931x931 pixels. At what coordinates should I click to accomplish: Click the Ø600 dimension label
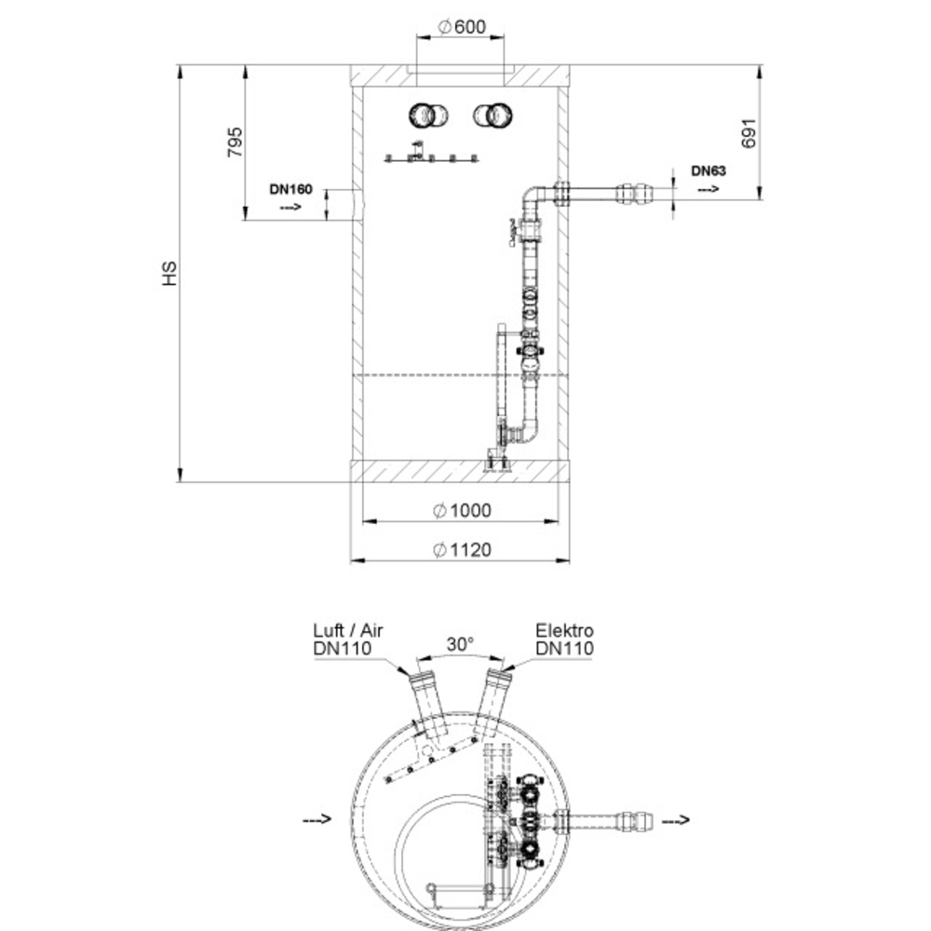[x=462, y=27]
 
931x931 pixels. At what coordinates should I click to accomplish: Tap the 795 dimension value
[x=236, y=142]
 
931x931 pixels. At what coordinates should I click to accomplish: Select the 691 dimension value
[x=749, y=133]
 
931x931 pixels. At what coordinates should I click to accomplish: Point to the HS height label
[x=169, y=273]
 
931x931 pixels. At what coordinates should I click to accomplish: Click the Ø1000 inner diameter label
[x=462, y=510]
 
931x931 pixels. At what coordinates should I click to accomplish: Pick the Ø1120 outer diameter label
[x=462, y=550]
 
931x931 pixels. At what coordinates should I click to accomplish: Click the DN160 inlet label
[x=290, y=189]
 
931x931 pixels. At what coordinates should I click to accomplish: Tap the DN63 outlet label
[x=708, y=171]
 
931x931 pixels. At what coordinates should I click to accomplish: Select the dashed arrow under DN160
[x=290, y=207]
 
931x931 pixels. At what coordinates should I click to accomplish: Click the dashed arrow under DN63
[x=708, y=189]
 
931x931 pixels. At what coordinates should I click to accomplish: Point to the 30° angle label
[x=460, y=644]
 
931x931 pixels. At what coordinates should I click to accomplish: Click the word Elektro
[x=564, y=630]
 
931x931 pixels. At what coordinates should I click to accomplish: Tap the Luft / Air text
[x=348, y=630]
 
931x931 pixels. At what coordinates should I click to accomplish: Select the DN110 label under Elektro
[x=564, y=648]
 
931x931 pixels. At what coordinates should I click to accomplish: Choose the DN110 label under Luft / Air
[x=342, y=648]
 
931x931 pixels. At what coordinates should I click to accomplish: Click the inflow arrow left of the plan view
[x=317, y=820]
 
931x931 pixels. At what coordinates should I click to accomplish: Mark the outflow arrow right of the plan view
[x=676, y=820]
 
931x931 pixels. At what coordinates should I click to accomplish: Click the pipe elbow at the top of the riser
[x=533, y=196]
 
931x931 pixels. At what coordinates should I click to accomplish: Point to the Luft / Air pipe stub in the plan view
[x=429, y=707]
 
